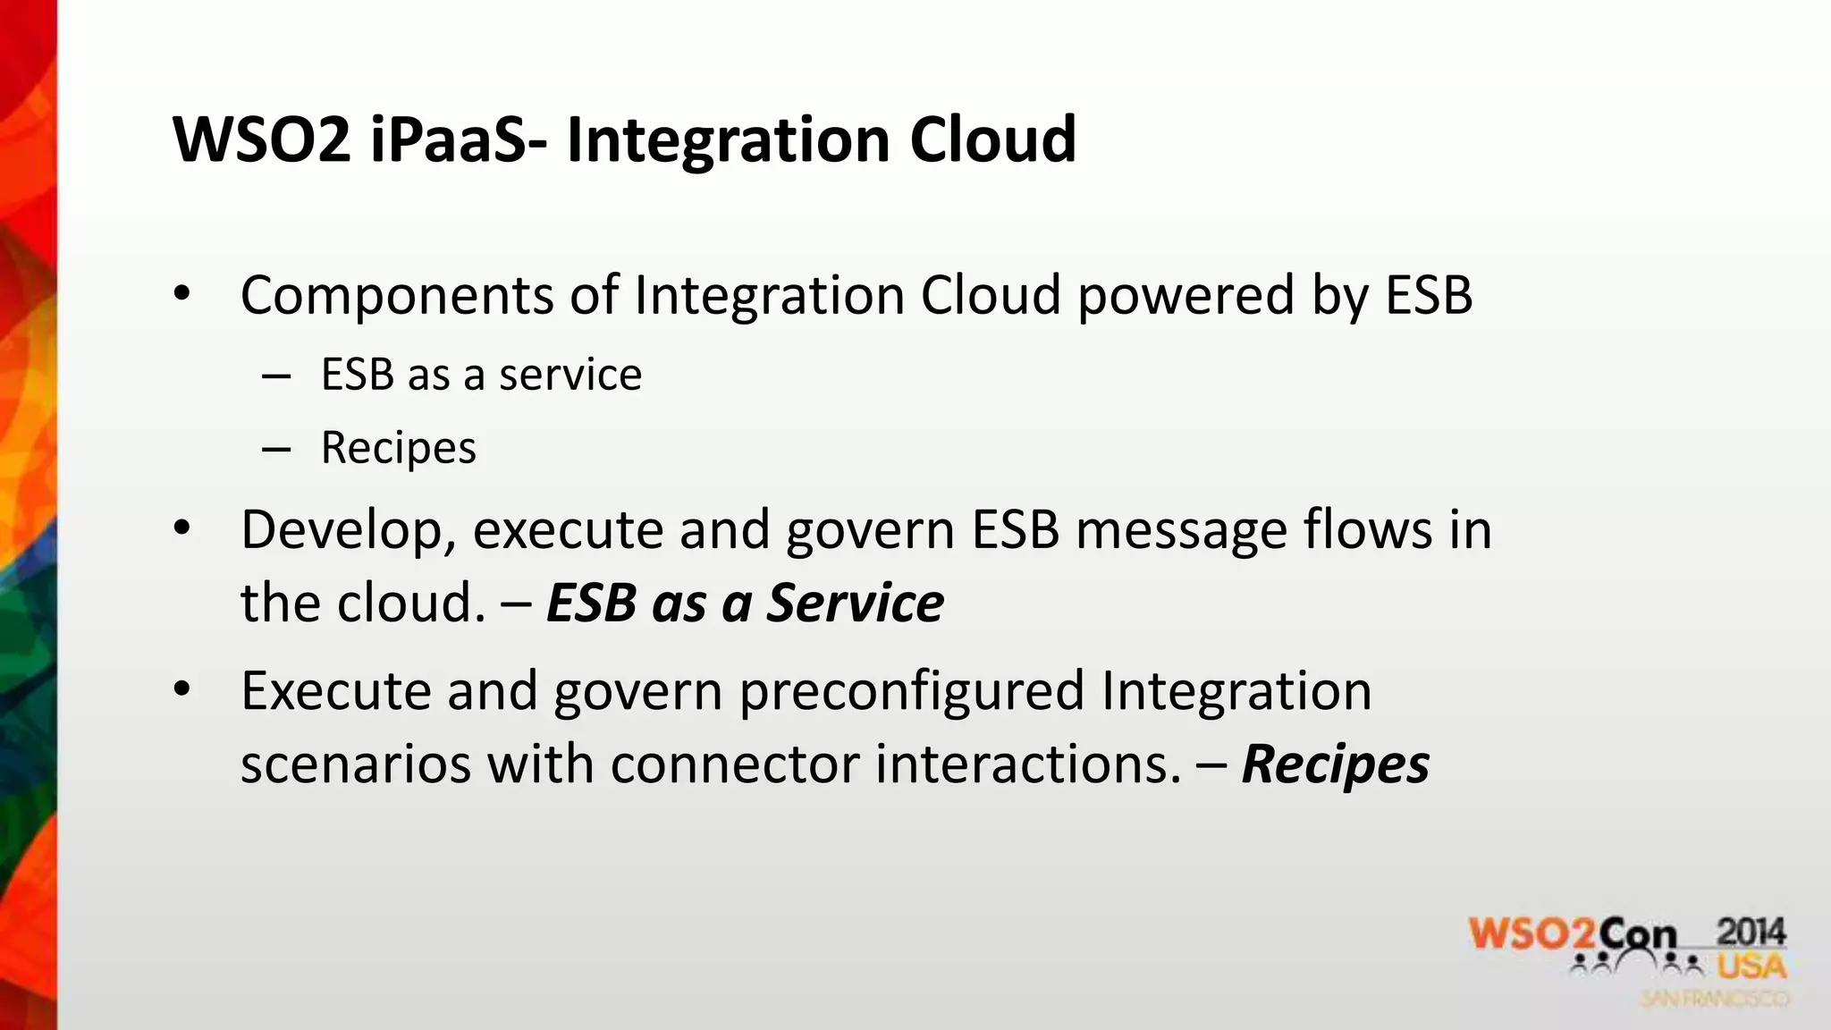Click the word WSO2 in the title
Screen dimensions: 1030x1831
[x=262, y=140]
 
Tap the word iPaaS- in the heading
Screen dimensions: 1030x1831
[x=456, y=140]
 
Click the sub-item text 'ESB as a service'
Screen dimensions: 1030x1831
[x=481, y=375]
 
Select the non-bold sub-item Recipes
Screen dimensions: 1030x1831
[x=399, y=448]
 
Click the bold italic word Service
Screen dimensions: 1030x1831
[x=856, y=603]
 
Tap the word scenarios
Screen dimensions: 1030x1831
[x=355, y=764]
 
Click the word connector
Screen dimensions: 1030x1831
[x=735, y=764]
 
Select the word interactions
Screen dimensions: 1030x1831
[x=1027, y=764]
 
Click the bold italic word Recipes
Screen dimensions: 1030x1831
[x=1336, y=764]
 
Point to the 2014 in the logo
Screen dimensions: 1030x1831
[x=1751, y=933]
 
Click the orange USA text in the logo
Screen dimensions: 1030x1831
[x=1751, y=967]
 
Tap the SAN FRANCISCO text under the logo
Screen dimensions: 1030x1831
[x=1715, y=999]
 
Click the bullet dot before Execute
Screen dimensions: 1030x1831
[x=182, y=689]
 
